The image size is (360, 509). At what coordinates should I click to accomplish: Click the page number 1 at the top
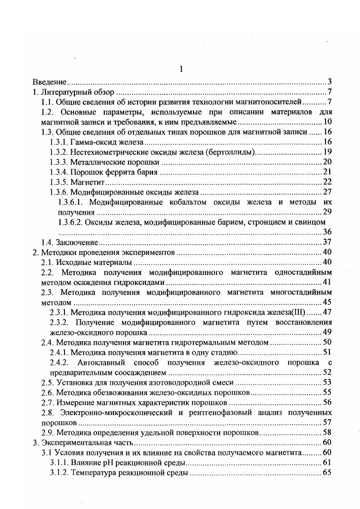coord(181,69)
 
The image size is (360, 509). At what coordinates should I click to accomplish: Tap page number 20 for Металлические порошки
coord(327,162)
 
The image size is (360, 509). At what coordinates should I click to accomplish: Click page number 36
coord(327,232)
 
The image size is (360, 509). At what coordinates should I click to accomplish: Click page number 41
coord(327,282)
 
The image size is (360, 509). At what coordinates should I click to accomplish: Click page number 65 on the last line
coord(327,473)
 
